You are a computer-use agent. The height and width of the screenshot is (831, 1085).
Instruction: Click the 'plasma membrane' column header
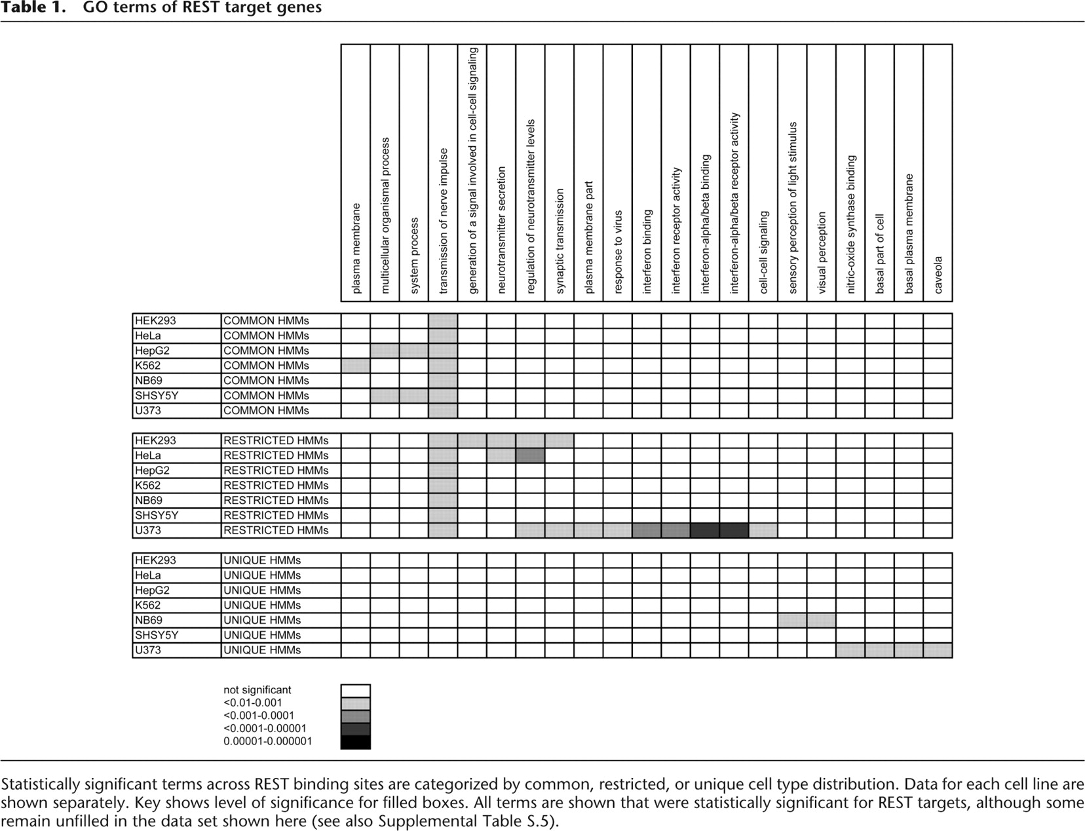356,248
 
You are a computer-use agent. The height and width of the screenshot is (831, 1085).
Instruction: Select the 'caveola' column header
938,275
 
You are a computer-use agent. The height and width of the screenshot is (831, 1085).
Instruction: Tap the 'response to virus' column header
618,252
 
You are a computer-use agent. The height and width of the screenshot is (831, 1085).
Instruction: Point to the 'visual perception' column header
822,252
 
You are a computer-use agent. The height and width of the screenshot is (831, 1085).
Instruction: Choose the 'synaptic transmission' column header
560,241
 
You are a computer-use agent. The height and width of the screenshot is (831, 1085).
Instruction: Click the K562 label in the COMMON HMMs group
148,366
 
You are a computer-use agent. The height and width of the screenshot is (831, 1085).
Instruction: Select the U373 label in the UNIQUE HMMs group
148,650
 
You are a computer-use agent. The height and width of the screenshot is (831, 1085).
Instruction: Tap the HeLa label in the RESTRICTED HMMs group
148,455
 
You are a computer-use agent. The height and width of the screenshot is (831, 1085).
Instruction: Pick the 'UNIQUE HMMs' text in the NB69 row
262,620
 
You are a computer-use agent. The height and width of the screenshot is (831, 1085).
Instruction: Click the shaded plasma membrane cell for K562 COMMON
356,366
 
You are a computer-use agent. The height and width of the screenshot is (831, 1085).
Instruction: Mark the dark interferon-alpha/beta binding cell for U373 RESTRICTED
705,530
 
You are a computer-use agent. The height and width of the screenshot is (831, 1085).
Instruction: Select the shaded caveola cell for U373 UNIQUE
938,650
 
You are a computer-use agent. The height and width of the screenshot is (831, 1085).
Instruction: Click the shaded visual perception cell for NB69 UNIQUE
822,620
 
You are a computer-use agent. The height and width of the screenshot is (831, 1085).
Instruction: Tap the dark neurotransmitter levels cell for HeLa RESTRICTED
531,455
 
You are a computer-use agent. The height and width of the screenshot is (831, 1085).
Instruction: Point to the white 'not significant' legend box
356,691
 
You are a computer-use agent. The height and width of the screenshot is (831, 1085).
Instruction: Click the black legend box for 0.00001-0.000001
356,742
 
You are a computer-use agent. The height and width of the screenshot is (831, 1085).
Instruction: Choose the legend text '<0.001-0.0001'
259,716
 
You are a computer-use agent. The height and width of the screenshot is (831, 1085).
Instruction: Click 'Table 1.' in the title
36,9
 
